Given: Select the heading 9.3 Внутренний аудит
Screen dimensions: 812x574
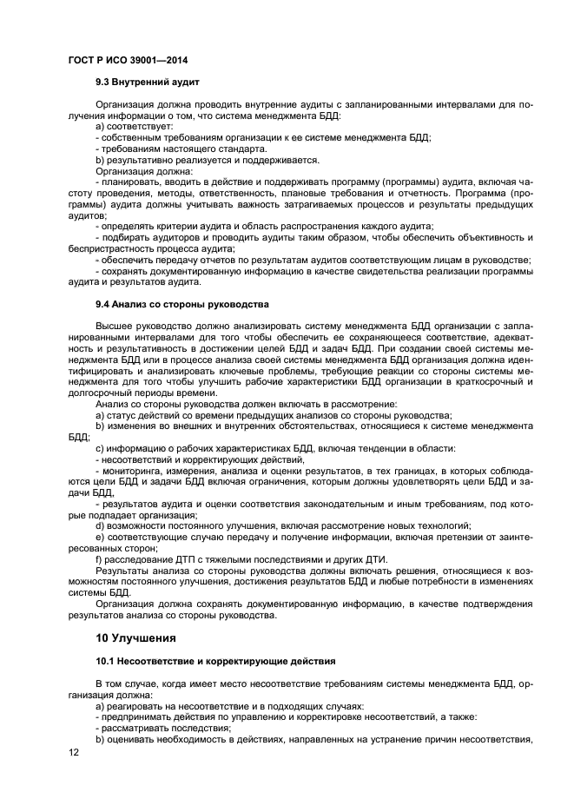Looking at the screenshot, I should pyautogui.click(x=148, y=83).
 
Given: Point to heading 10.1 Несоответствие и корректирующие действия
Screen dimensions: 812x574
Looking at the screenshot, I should pyautogui.click(x=203, y=662).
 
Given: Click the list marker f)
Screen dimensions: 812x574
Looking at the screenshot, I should pyautogui.click(x=99, y=558).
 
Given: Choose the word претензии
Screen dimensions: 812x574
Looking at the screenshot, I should pyautogui.click(x=449, y=537).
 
